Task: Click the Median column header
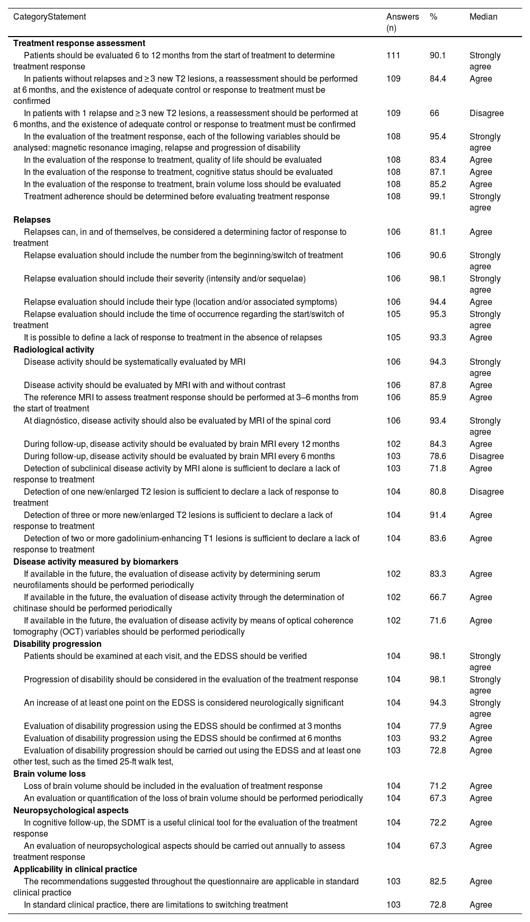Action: pos(483,17)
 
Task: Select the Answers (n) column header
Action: pos(402,22)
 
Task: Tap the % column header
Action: pos(434,17)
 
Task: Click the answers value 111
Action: pos(393,56)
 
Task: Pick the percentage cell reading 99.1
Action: pos(438,197)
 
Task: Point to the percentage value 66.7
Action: pos(438,598)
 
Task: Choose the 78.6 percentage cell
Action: pos(438,456)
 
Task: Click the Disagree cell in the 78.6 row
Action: pos(487,456)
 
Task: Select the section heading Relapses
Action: pos(32,220)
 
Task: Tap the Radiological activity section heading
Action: pos(54,350)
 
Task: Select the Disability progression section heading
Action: pos(57,644)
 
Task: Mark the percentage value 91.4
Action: pos(438,515)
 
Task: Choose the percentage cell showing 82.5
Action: pos(438,882)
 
